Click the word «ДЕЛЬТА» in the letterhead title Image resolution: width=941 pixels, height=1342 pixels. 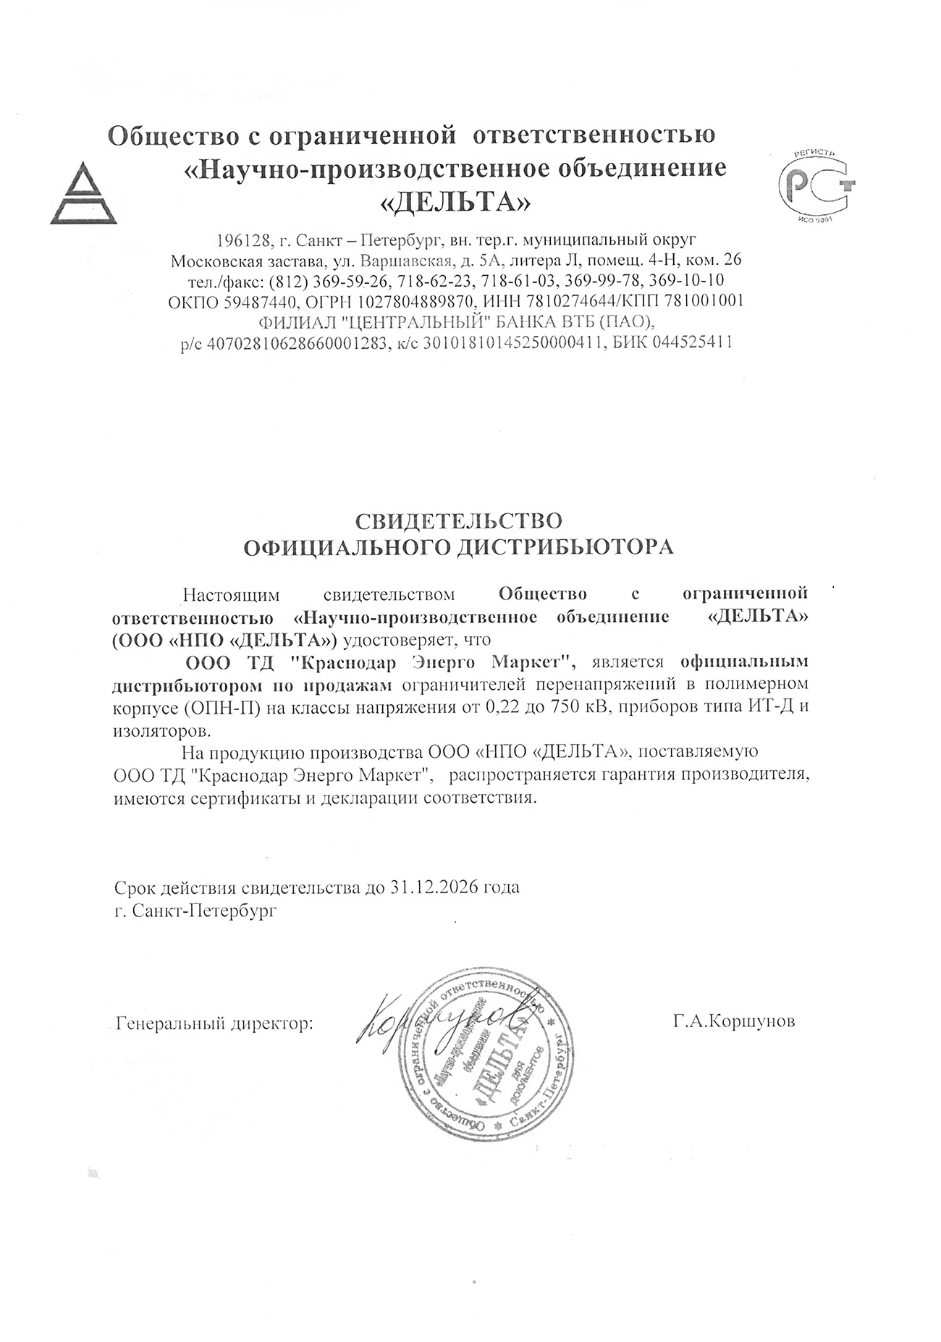(455, 203)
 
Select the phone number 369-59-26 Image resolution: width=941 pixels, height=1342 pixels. (359, 280)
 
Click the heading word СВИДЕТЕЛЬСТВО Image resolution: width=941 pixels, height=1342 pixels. (458, 520)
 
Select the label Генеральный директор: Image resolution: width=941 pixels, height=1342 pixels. (215, 1024)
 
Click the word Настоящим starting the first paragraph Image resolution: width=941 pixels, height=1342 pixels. (231, 595)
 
